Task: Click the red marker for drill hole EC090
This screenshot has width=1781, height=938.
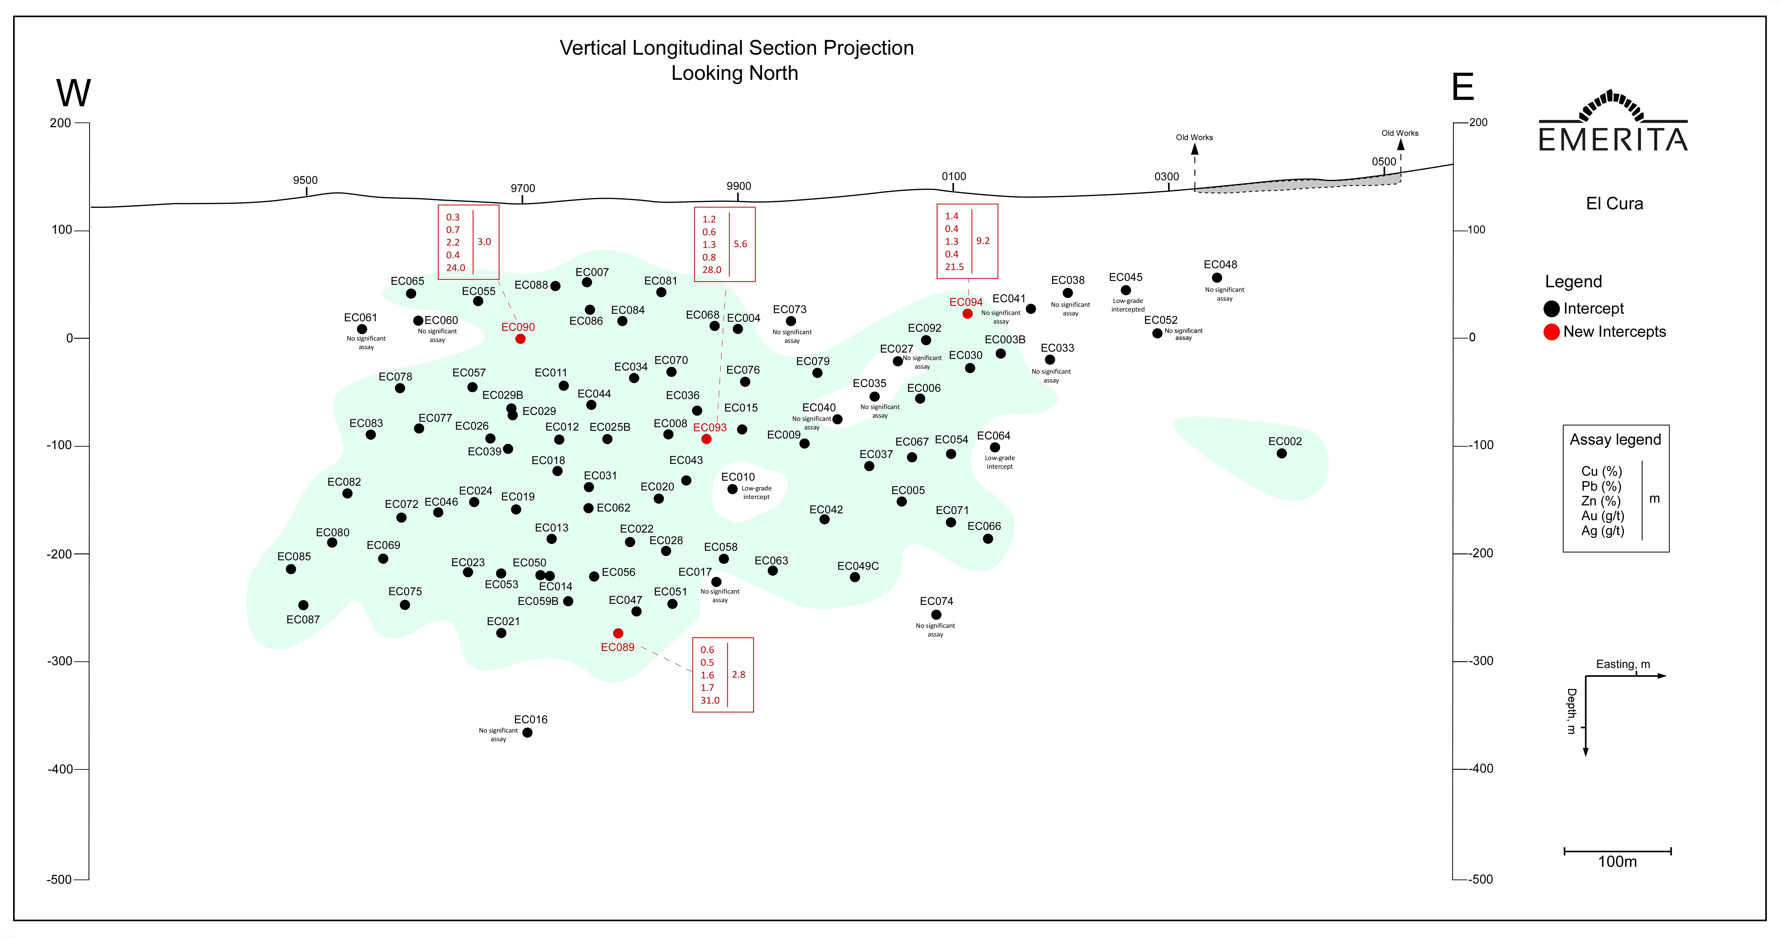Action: coord(520,339)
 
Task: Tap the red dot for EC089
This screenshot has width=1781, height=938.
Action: coord(618,633)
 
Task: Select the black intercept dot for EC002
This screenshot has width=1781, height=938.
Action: coord(1281,453)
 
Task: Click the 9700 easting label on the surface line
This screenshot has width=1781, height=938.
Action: coord(523,188)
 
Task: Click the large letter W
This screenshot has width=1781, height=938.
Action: coord(73,93)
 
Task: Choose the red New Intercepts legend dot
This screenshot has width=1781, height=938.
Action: coord(1552,332)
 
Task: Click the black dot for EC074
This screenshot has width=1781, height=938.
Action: coord(936,614)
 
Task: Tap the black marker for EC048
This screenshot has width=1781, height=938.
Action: coord(1217,278)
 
